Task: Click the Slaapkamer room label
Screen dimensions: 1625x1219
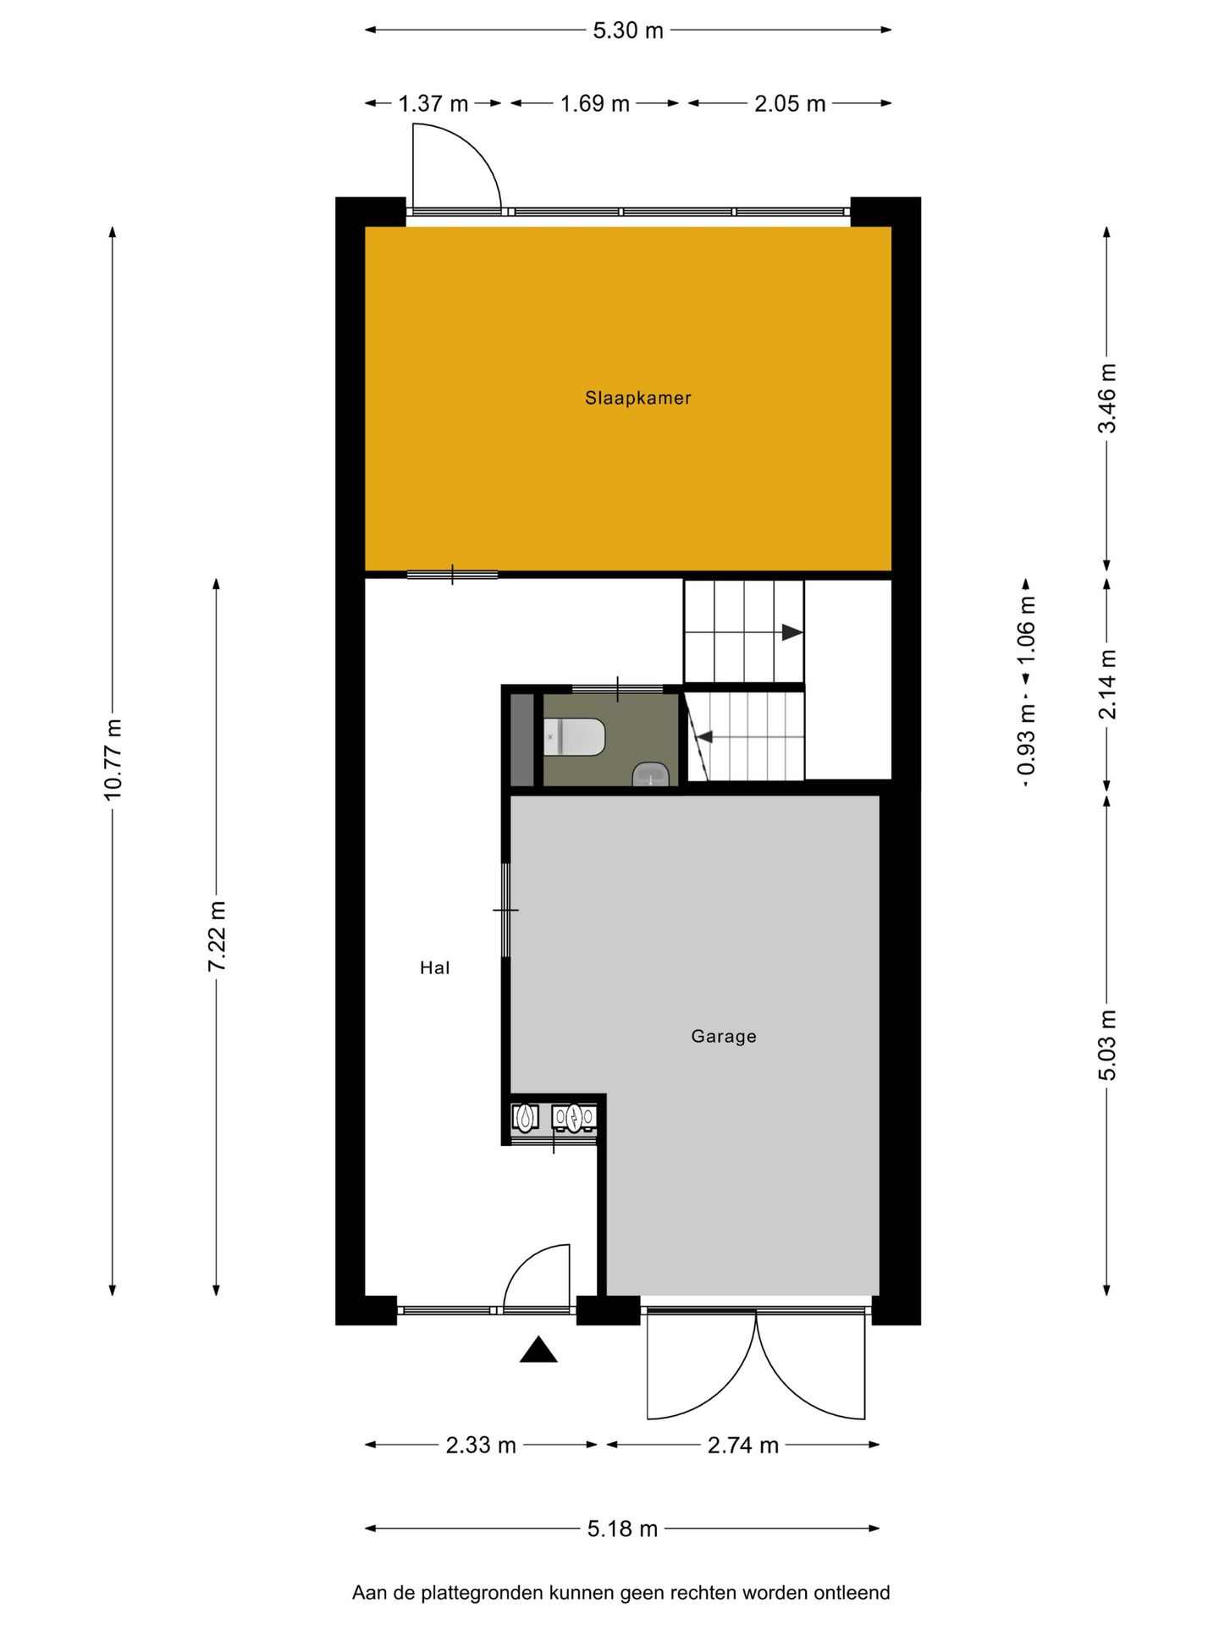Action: [637, 398]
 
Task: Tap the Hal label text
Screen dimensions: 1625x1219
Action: [434, 967]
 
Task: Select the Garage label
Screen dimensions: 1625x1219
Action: [723, 1036]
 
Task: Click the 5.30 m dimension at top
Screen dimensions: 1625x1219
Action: [627, 30]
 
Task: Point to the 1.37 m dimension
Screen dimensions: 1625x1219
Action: [433, 103]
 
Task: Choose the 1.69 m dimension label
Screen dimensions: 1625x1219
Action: [594, 103]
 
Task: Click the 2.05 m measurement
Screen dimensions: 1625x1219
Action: [789, 103]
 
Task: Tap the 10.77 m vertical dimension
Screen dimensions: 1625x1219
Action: [113, 759]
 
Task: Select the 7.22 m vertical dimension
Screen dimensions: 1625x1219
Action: [217, 936]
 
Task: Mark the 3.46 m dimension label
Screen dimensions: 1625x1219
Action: [1107, 398]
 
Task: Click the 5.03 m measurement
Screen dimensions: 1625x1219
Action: [1107, 1044]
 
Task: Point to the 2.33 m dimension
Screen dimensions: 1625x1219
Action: [480, 1445]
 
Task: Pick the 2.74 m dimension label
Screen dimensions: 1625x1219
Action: [742, 1445]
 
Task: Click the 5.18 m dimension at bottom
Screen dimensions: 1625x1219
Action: [622, 1529]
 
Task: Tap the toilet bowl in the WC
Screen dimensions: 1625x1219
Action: [576, 737]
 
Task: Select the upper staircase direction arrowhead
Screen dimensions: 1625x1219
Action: [792, 632]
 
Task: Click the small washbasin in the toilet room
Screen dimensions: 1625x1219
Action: [650, 774]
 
